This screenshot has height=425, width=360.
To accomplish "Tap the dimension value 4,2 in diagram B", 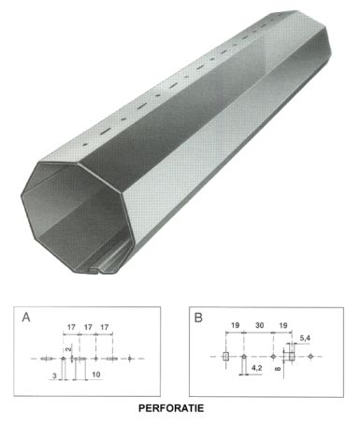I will pyautogui.click(x=254, y=372).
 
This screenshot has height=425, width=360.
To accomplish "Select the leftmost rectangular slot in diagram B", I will pyautogui.click(x=226, y=356).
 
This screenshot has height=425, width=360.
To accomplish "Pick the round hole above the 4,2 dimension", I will pyautogui.click(x=243, y=356).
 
